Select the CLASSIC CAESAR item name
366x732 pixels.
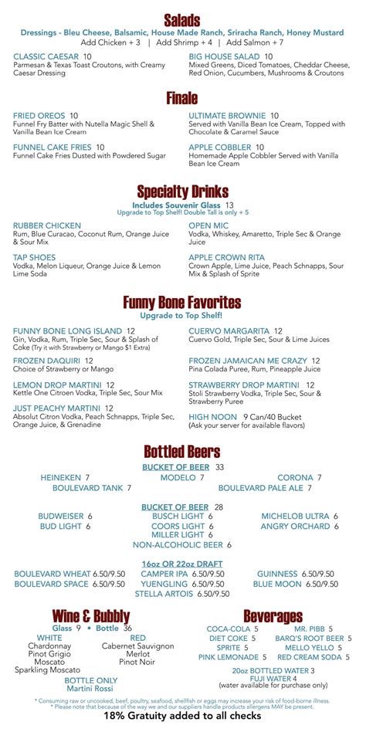pyautogui.click(x=46, y=56)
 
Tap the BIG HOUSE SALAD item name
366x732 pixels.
pyautogui.click(x=225, y=56)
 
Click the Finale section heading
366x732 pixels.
pyautogui.click(x=182, y=98)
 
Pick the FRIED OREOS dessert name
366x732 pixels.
pyautogui.click(x=39, y=115)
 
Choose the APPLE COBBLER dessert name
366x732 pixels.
pyautogui.click(x=220, y=146)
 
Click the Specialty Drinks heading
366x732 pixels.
pyautogui.click(x=182, y=191)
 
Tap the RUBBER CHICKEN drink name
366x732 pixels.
pyautogui.click(x=47, y=225)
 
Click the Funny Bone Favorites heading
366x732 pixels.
pyautogui.click(x=182, y=302)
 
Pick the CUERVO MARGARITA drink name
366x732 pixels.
pyautogui.click(x=229, y=330)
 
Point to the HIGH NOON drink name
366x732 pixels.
pyautogui.click(x=212, y=417)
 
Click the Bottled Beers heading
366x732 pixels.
pyautogui.click(x=182, y=452)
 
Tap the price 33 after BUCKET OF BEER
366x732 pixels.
pyautogui.click(x=219, y=467)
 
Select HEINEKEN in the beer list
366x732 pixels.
pyautogui.click(x=61, y=478)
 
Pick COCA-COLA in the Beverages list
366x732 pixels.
pyautogui.click(x=229, y=629)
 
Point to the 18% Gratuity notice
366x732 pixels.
pyautogui.click(x=182, y=716)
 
